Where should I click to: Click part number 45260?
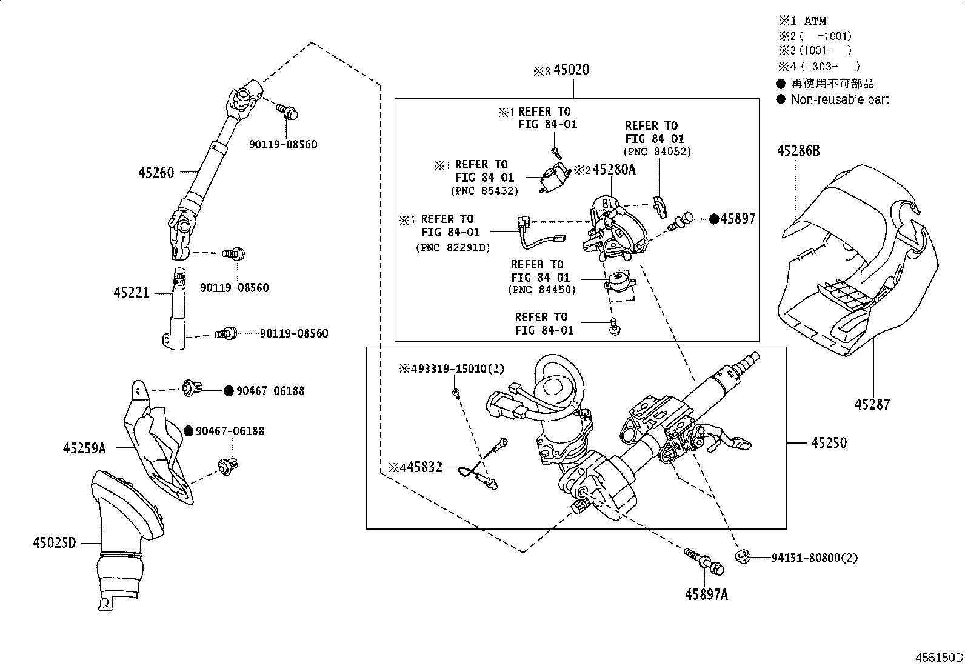pyautogui.click(x=156, y=173)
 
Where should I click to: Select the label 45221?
pyautogui.click(x=131, y=293)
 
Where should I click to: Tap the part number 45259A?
pyautogui.click(x=84, y=448)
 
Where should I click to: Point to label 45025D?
pyautogui.click(x=55, y=543)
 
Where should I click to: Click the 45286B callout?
pyautogui.click(x=798, y=151)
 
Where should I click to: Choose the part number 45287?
pyautogui.click(x=872, y=404)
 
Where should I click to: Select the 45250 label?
pyautogui.click(x=829, y=443)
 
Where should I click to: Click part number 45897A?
pyautogui.click(x=706, y=594)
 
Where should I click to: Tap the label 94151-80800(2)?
pyautogui.click(x=815, y=558)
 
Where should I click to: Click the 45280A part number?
pyautogui.click(x=614, y=170)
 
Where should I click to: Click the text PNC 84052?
pyautogui.click(x=658, y=152)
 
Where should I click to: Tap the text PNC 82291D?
pyautogui.click(x=453, y=247)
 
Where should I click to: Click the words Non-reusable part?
pyautogui.click(x=840, y=99)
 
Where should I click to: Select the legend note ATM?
pyautogui.click(x=815, y=21)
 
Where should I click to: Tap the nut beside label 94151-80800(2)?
pyautogui.click(x=741, y=557)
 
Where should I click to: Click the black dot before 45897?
pyautogui.click(x=714, y=219)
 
